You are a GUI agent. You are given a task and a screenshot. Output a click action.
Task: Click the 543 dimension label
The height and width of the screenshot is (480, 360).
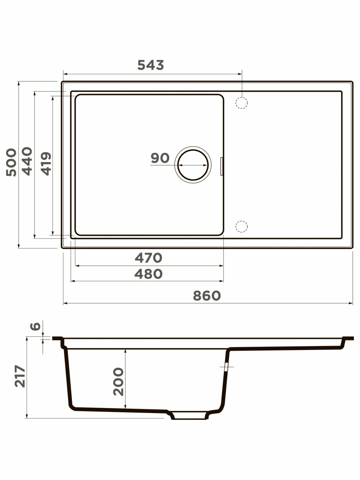150,65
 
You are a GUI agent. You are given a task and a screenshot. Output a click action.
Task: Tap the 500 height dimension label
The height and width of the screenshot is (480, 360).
12,162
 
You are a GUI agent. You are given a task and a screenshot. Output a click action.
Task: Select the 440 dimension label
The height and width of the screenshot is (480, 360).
27,161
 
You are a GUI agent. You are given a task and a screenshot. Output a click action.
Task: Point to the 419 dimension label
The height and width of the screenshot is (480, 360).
46,164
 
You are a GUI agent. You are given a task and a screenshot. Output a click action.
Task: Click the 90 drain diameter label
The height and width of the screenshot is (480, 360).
160,158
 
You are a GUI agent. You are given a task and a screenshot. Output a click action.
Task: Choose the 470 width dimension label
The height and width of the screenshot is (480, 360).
148,258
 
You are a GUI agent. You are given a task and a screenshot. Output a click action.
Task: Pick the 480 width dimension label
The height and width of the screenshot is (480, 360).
148,274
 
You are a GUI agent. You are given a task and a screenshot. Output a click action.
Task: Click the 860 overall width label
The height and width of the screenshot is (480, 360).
207,296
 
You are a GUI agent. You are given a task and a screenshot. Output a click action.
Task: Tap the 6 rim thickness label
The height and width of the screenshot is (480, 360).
35,326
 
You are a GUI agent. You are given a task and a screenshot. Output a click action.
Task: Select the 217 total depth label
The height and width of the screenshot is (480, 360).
20,376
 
